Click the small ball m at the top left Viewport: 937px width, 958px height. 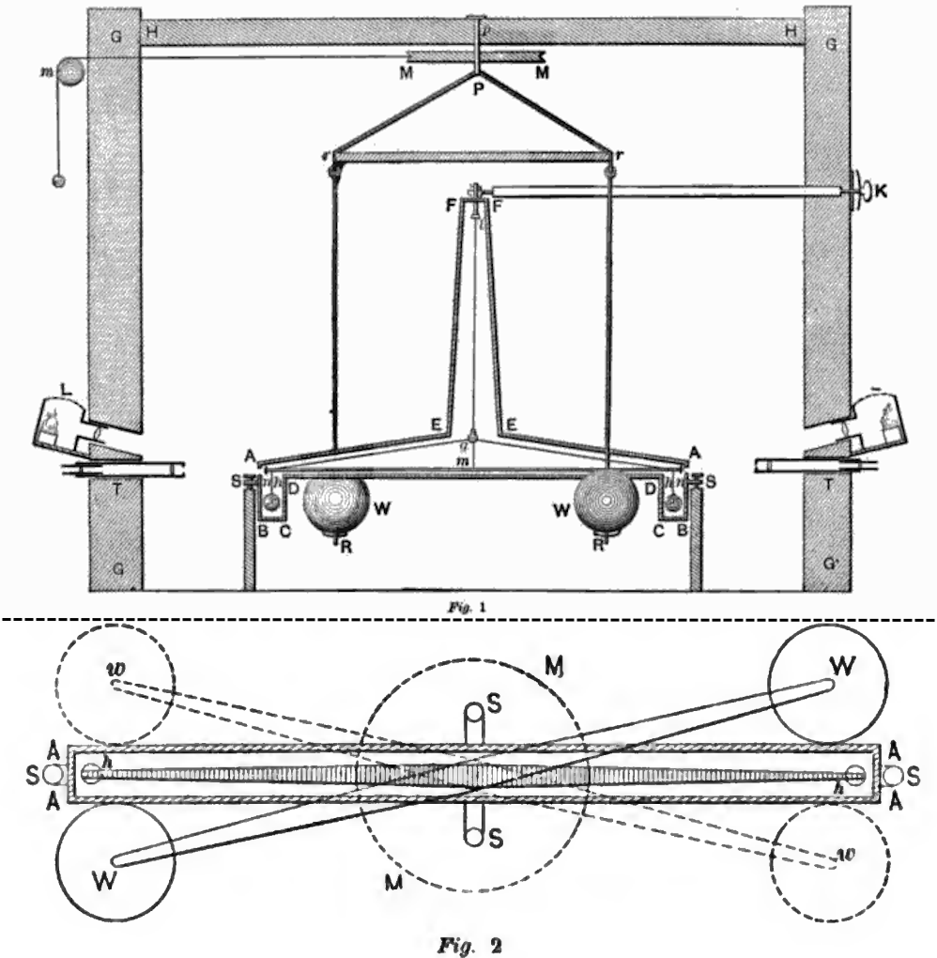[71, 70]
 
